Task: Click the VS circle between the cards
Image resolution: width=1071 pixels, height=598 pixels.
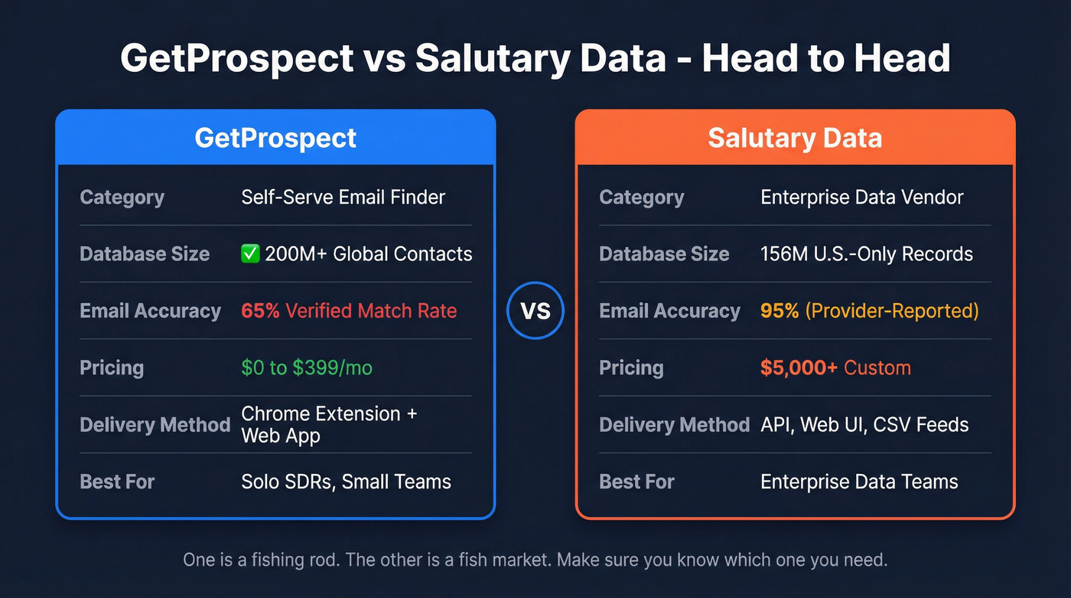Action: pyautogui.click(x=535, y=311)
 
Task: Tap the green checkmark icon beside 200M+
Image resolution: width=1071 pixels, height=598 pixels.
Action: pyautogui.click(x=250, y=254)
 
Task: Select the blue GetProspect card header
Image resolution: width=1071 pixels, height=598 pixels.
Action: pyautogui.click(x=275, y=138)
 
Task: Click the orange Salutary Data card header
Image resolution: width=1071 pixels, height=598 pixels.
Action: pyautogui.click(x=795, y=138)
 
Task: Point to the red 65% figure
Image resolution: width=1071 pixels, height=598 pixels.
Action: pyautogui.click(x=260, y=311)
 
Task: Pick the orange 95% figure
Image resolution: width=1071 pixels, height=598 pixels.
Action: pyautogui.click(x=780, y=311)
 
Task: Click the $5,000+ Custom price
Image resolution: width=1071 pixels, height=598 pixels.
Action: pyautogui.click(x=835, y=368)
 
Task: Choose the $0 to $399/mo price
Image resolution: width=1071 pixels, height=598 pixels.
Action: pyautogui.click(x=307, y=368)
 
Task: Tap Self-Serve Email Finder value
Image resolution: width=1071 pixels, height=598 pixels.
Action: pyautogui.click(x=343, y=197)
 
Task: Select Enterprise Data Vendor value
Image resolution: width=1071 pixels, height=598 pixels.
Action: pyautogui.click(x=862, y=197)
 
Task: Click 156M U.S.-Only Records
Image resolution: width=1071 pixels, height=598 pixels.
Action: pyautogui.click(x=867, y=254)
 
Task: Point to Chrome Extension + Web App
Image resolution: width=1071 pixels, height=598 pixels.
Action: pyautogui.click(x=329, y=424)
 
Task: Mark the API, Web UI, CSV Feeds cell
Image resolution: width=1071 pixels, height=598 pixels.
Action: pyautogui.click(x=864, y=424)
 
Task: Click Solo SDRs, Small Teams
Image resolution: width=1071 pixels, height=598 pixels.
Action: pyautogui.click(x=346, y=482)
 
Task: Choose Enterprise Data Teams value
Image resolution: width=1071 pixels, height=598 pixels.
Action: pyautogui.click(x=859, y=482)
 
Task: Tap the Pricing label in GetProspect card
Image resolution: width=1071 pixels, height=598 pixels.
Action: pyautogui.click(x=112, y=368)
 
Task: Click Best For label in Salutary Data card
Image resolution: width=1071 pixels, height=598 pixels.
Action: pyautogui.click(x=636, y=482)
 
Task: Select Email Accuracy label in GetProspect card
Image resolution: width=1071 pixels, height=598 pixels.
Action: pyautogui.click(x=150, y=311)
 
